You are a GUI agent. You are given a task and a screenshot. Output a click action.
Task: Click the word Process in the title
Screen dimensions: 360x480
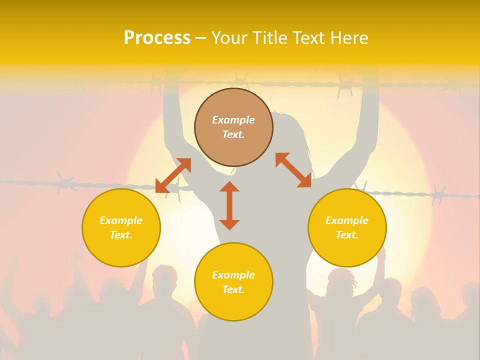point(156,38)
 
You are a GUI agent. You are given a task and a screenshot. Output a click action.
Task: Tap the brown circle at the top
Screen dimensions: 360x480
point(233,127)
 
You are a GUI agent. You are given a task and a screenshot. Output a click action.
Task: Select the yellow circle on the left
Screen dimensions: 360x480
point(121,227)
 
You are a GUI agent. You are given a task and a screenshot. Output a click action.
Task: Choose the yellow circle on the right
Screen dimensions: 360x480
point(347,227)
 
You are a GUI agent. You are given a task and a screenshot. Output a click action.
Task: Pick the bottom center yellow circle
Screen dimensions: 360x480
point(233,281)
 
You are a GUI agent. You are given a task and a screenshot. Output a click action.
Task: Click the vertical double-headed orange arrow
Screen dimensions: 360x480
point(229,205)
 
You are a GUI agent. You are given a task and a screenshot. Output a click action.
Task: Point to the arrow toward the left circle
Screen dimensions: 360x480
point(173,175)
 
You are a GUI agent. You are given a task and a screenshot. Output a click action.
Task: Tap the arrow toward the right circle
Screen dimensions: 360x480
point(293,170)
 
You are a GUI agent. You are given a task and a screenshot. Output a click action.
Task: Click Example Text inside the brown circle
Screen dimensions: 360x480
point(233,127)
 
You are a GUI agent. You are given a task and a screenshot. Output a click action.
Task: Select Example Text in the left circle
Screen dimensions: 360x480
point(121,227)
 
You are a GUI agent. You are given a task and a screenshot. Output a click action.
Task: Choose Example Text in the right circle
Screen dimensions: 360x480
point(347,227)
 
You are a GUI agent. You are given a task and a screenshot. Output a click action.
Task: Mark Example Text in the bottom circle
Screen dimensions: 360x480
point(233,281)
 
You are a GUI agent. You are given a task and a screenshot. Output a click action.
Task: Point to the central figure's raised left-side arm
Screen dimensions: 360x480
point(171,115)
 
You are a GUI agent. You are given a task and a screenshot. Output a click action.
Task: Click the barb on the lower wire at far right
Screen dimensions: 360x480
point(439,193)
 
